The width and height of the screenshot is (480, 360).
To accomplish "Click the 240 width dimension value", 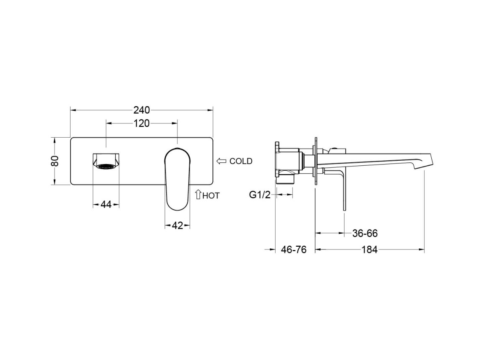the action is click(x=141, y=110).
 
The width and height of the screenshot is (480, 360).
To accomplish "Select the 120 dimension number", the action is click(x=141, y=123).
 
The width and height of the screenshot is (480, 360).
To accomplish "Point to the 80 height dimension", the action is click(x=55, y=161).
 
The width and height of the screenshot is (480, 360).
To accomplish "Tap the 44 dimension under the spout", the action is click(x=106, y=204).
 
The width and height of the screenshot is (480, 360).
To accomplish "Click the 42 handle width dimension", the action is click(x=177, y=226).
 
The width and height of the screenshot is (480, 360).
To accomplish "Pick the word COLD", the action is click(x=241, y=161).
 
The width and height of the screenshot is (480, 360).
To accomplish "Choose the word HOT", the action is click(x=211, y=195).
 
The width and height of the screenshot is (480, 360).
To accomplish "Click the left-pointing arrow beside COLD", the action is click(x=221, y=161).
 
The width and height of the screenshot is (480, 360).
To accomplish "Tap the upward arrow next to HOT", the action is click(x=198, y=194).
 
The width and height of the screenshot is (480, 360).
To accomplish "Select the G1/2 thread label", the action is click(x=260, y=195).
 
